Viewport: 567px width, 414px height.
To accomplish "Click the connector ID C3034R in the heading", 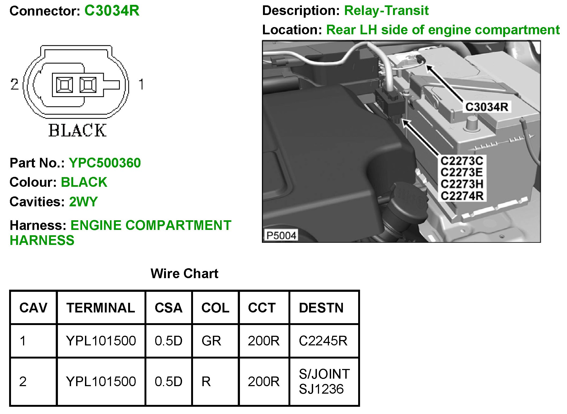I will pyautogui.click(x=112, y=11).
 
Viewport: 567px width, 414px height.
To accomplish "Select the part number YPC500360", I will pyautogui.click(x=105, y=163).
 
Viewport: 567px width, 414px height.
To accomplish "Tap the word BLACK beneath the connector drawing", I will pyautogui.click(x=77, y=130).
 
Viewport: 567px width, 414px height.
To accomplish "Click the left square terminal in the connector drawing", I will pyautogui.click(x=64, y=85).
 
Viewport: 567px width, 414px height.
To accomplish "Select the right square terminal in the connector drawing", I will pyautogui.click(x=88, y=85).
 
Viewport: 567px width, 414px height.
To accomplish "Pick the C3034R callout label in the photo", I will pyautogui.click(x=487, y=107).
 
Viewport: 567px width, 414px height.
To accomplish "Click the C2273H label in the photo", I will pyautogui.click(x=462, y=184).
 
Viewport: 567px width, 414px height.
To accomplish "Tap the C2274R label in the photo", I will pyautogui.click(x=462, y=196).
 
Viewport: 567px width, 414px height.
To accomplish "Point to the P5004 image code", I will pyautogui.click(x=281, y=236).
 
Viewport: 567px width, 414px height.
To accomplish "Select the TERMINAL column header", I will pyautogui.click(x=101, y=308).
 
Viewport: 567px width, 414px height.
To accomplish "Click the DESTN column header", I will pyautogui.click(x=321, y=308).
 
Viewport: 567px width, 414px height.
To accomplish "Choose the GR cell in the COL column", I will pyautogui.click(x=211, y=341).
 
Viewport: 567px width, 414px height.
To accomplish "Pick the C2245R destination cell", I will pyautogui.click(x=323, y=341).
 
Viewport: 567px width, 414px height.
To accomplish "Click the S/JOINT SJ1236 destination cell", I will pyautogui.click(x=324, y=381).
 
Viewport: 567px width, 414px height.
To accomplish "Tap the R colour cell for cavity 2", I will pyautogui.click(x=206, y=381).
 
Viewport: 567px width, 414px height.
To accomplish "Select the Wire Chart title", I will pyautogui.click(x=184, y=274).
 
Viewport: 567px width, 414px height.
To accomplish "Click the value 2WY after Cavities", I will pyautogui.click(x=83, y=202).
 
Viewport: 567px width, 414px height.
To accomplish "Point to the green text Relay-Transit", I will pyautogui.click(x=386, y=11).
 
